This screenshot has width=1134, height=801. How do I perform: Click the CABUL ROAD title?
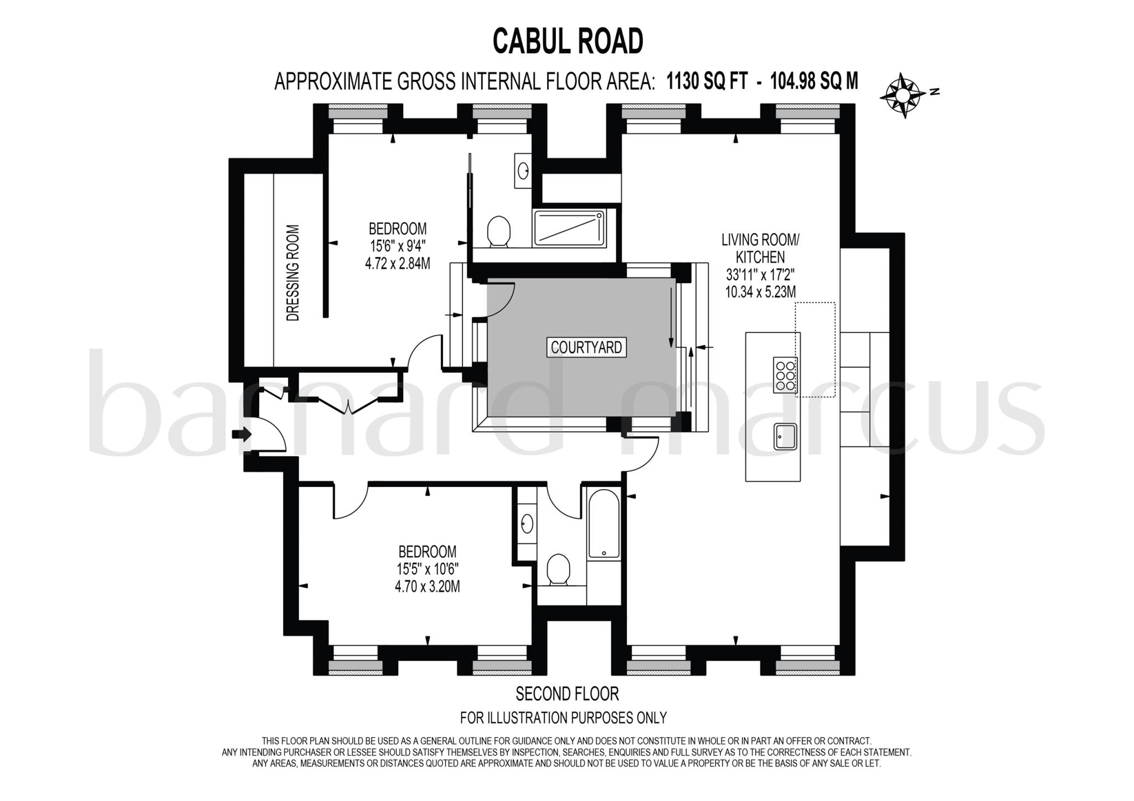coord(568,42)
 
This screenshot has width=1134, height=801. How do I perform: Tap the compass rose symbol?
coord(903,95)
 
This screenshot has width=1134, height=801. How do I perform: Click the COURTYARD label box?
coord(586,347)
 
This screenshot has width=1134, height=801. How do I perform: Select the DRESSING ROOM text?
coord(293,273)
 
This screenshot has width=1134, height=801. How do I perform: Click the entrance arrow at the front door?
coord(242,434)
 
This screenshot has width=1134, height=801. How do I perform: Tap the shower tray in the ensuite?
coord(570,228)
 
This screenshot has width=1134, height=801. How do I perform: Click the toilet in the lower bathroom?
coord(558,570)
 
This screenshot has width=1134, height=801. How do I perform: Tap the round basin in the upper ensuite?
coord(523,170)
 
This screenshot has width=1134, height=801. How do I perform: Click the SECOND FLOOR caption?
coord(567,694)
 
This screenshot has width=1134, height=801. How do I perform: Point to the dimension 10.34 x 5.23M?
coord(760,292)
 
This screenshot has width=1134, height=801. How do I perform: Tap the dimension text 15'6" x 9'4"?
coord(398,246)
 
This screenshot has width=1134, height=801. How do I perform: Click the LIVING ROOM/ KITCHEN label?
coord(760,248)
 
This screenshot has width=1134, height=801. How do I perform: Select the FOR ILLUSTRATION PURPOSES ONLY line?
coord(563,718)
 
